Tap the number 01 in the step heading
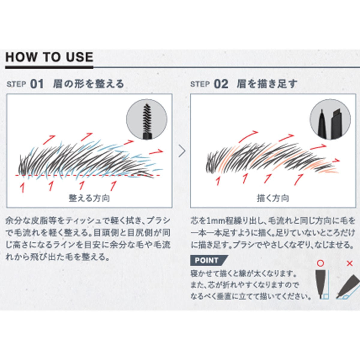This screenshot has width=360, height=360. point(37,84)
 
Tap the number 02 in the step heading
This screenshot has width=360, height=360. point(221,84)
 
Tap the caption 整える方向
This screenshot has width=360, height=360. point(89,198)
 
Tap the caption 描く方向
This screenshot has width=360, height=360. point(273,198)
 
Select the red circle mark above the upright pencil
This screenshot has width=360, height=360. point(321,263)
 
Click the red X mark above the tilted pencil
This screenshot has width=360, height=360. point(349,263)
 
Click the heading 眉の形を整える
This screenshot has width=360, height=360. point(88,84)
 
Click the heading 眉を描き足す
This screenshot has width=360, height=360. point(267,84)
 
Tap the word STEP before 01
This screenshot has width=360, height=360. point(16,84)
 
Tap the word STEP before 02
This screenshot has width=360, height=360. point(200,84)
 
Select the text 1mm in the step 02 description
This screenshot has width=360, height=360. point(210,221)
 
